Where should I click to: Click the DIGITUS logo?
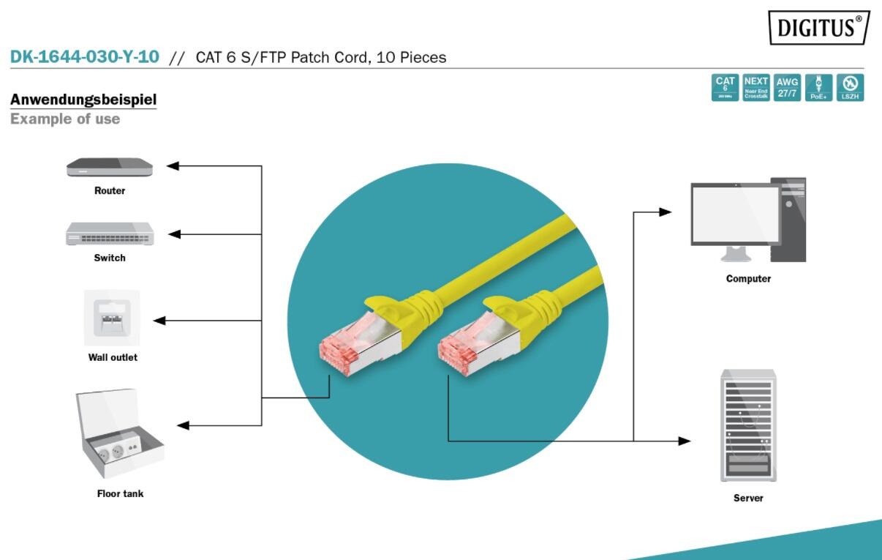click(819, 28)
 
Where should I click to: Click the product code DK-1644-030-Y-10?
click(84, 56)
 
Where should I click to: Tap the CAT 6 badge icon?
click(725, 87)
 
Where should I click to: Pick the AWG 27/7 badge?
click(788, 87)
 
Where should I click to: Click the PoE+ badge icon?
click(819, 87)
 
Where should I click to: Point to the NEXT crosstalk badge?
click(756, 87)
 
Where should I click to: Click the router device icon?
click(110, 168)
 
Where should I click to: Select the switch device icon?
click(110, 234)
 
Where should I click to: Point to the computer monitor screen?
click(736, 213)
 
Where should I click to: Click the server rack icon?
click(748, 425)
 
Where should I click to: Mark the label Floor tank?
click(120, 493)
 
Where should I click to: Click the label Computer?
click(748, 279)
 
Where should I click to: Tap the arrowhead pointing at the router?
click(173, 166)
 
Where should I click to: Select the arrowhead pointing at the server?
click(684, 441)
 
